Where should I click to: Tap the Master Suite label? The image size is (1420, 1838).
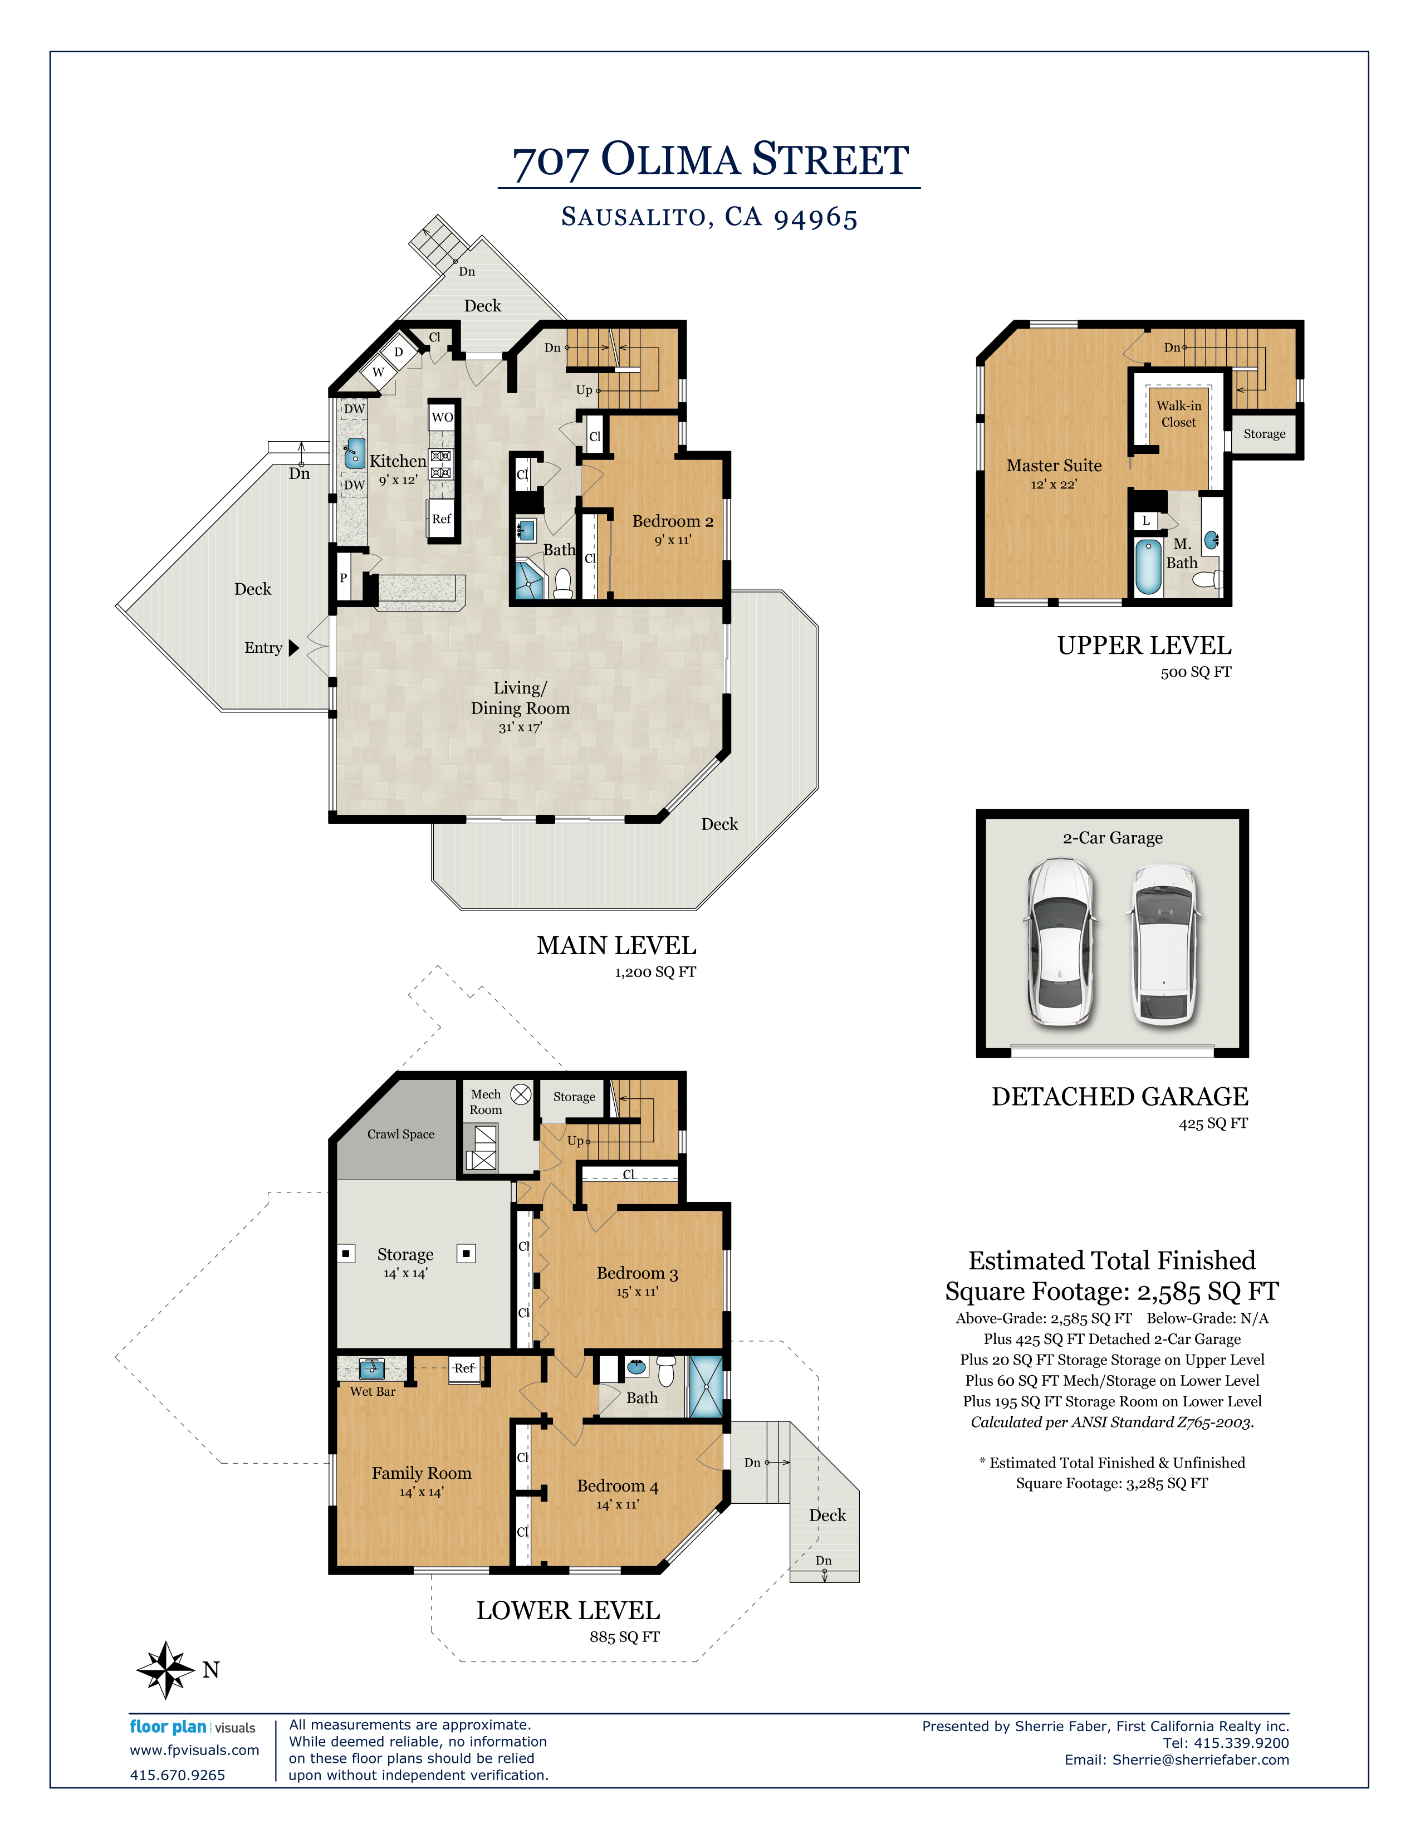pos(1054,466)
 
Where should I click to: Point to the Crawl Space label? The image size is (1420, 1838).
pos(400,1135)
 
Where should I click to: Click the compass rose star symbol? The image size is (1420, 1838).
pos(167,1670)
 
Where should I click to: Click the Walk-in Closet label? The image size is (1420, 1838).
pos(1178,414)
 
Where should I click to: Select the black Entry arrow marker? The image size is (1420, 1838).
pos(293,648)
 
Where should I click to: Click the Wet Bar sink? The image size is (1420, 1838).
pos(372,1369)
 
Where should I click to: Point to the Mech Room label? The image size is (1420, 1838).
pos(486,1102)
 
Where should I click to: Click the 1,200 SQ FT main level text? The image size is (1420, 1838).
pos(655,972)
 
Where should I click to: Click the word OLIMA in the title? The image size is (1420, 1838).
pos(670,159)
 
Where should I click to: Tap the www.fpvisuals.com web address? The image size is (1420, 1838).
pos(194,1751)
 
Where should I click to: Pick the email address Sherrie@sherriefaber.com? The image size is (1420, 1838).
pos(1201,1759)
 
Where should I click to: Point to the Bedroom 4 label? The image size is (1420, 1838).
pos(618,1486)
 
